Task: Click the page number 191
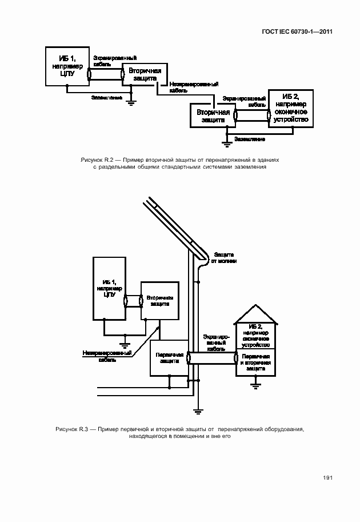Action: [327, 478]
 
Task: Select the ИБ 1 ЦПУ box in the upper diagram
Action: [67, 66]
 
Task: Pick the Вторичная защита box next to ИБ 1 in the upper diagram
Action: [144, 74]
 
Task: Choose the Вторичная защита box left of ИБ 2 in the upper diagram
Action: [213, 116]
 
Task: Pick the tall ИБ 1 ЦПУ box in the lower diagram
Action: [110, 288]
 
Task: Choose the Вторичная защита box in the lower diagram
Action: [159, 301]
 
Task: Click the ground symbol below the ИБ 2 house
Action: [255, 385]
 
